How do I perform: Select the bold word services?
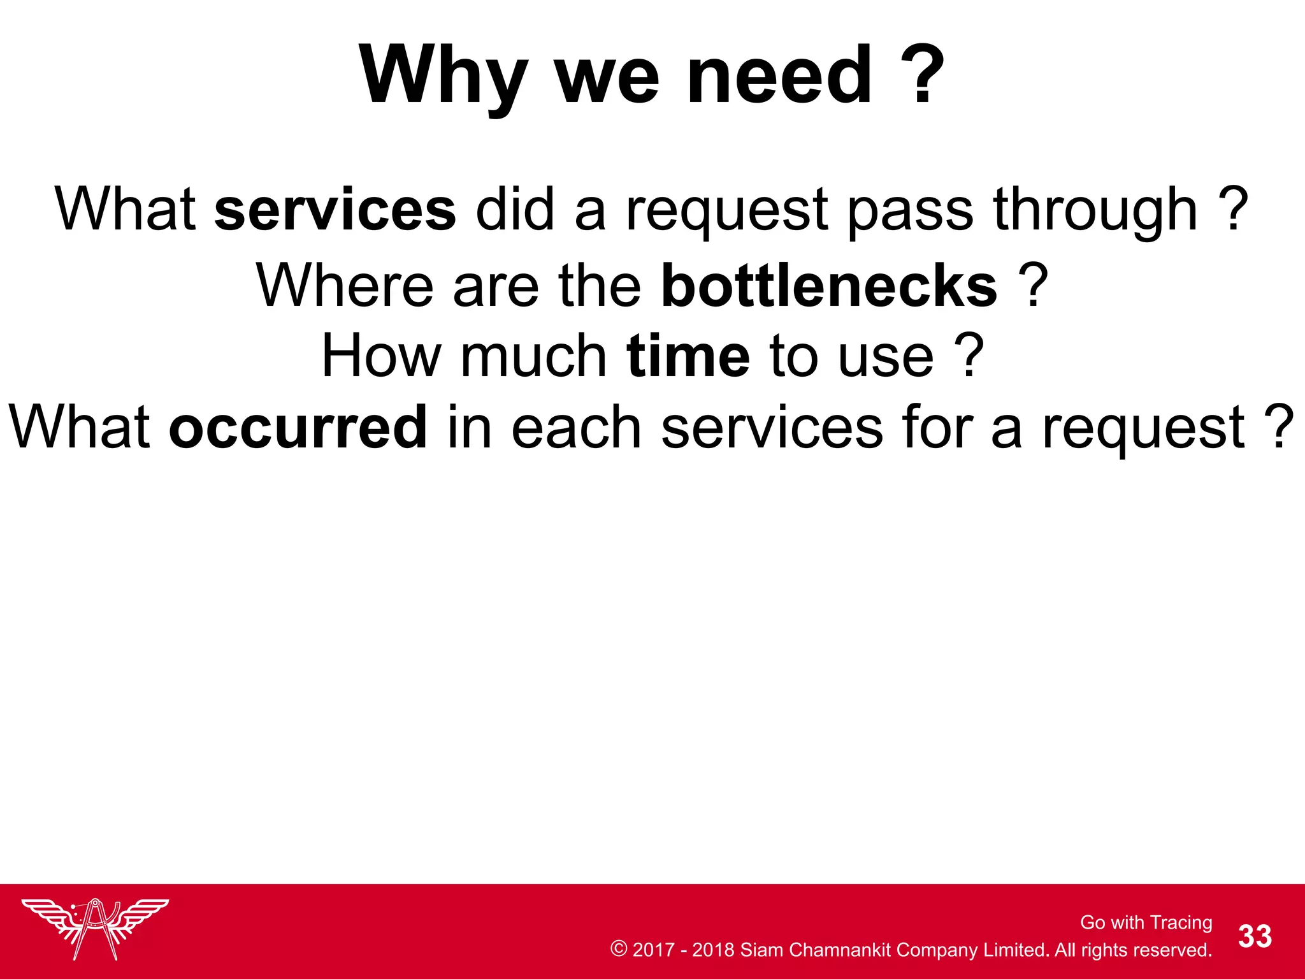click(x=335, y=210)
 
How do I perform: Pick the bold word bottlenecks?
click(x=829, y=285)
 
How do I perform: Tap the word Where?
click(x=345, y=285)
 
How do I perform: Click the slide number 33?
click(x=1255, y=936)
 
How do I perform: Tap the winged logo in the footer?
click(x=96, y=928)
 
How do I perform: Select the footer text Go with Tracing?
click(x=1146, y=922)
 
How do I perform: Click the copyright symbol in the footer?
click(x=618, y=948)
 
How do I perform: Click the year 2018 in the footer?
click(x=713, y=950)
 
